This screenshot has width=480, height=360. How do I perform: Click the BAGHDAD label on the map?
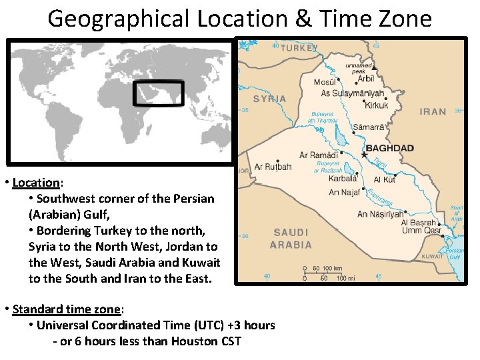coord(390,148)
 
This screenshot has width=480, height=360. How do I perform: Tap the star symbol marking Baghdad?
coord(364,155)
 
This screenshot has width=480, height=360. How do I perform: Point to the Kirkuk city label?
coord(377,105)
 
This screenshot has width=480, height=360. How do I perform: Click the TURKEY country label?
coord(299,48)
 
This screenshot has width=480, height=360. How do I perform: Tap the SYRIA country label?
coord(269,99)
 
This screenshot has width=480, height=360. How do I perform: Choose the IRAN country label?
coord(433,111)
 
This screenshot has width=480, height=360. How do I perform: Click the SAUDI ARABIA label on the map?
coord(291,238)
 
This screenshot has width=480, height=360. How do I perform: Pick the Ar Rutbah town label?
coord(273,167)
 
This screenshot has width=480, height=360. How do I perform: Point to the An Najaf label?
coord(345,193)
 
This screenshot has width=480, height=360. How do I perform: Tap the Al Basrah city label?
coord(418,223)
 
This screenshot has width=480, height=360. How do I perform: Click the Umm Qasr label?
coord(421,231)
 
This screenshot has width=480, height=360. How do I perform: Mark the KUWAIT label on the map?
coord(432,256)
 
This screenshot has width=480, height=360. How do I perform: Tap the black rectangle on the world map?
coord(158,93)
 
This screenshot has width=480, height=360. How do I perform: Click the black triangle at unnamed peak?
coord(375,68)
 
